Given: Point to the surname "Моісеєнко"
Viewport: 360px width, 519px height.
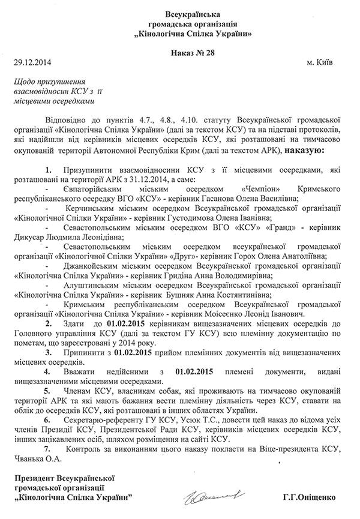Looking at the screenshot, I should pyautogui.click(x=230, y=313).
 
